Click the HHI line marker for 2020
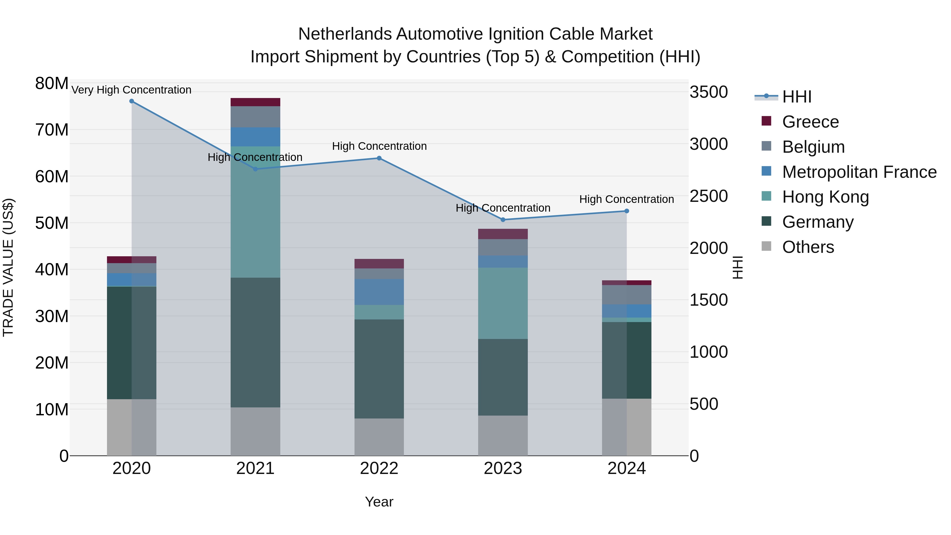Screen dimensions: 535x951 click(132, 101)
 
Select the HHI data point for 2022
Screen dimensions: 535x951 click(379, 158)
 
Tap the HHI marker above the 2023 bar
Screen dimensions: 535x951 click(502, 220)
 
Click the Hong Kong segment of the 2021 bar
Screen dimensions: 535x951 click(255, 212)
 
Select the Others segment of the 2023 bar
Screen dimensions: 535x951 click(502, 435)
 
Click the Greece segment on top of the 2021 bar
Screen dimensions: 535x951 click(255, 102)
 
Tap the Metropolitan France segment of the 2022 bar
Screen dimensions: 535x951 click(379, 292)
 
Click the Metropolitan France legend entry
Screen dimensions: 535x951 click(859, 172)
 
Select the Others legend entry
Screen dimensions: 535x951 click(808, 247)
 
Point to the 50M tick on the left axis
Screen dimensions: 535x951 click(52, 223)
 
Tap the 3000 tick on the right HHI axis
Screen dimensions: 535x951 click(708, 144)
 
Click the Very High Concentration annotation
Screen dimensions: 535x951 click(132, 90)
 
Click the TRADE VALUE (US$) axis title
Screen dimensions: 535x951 click(8, 267)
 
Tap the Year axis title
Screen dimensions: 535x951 click(379, 502)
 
